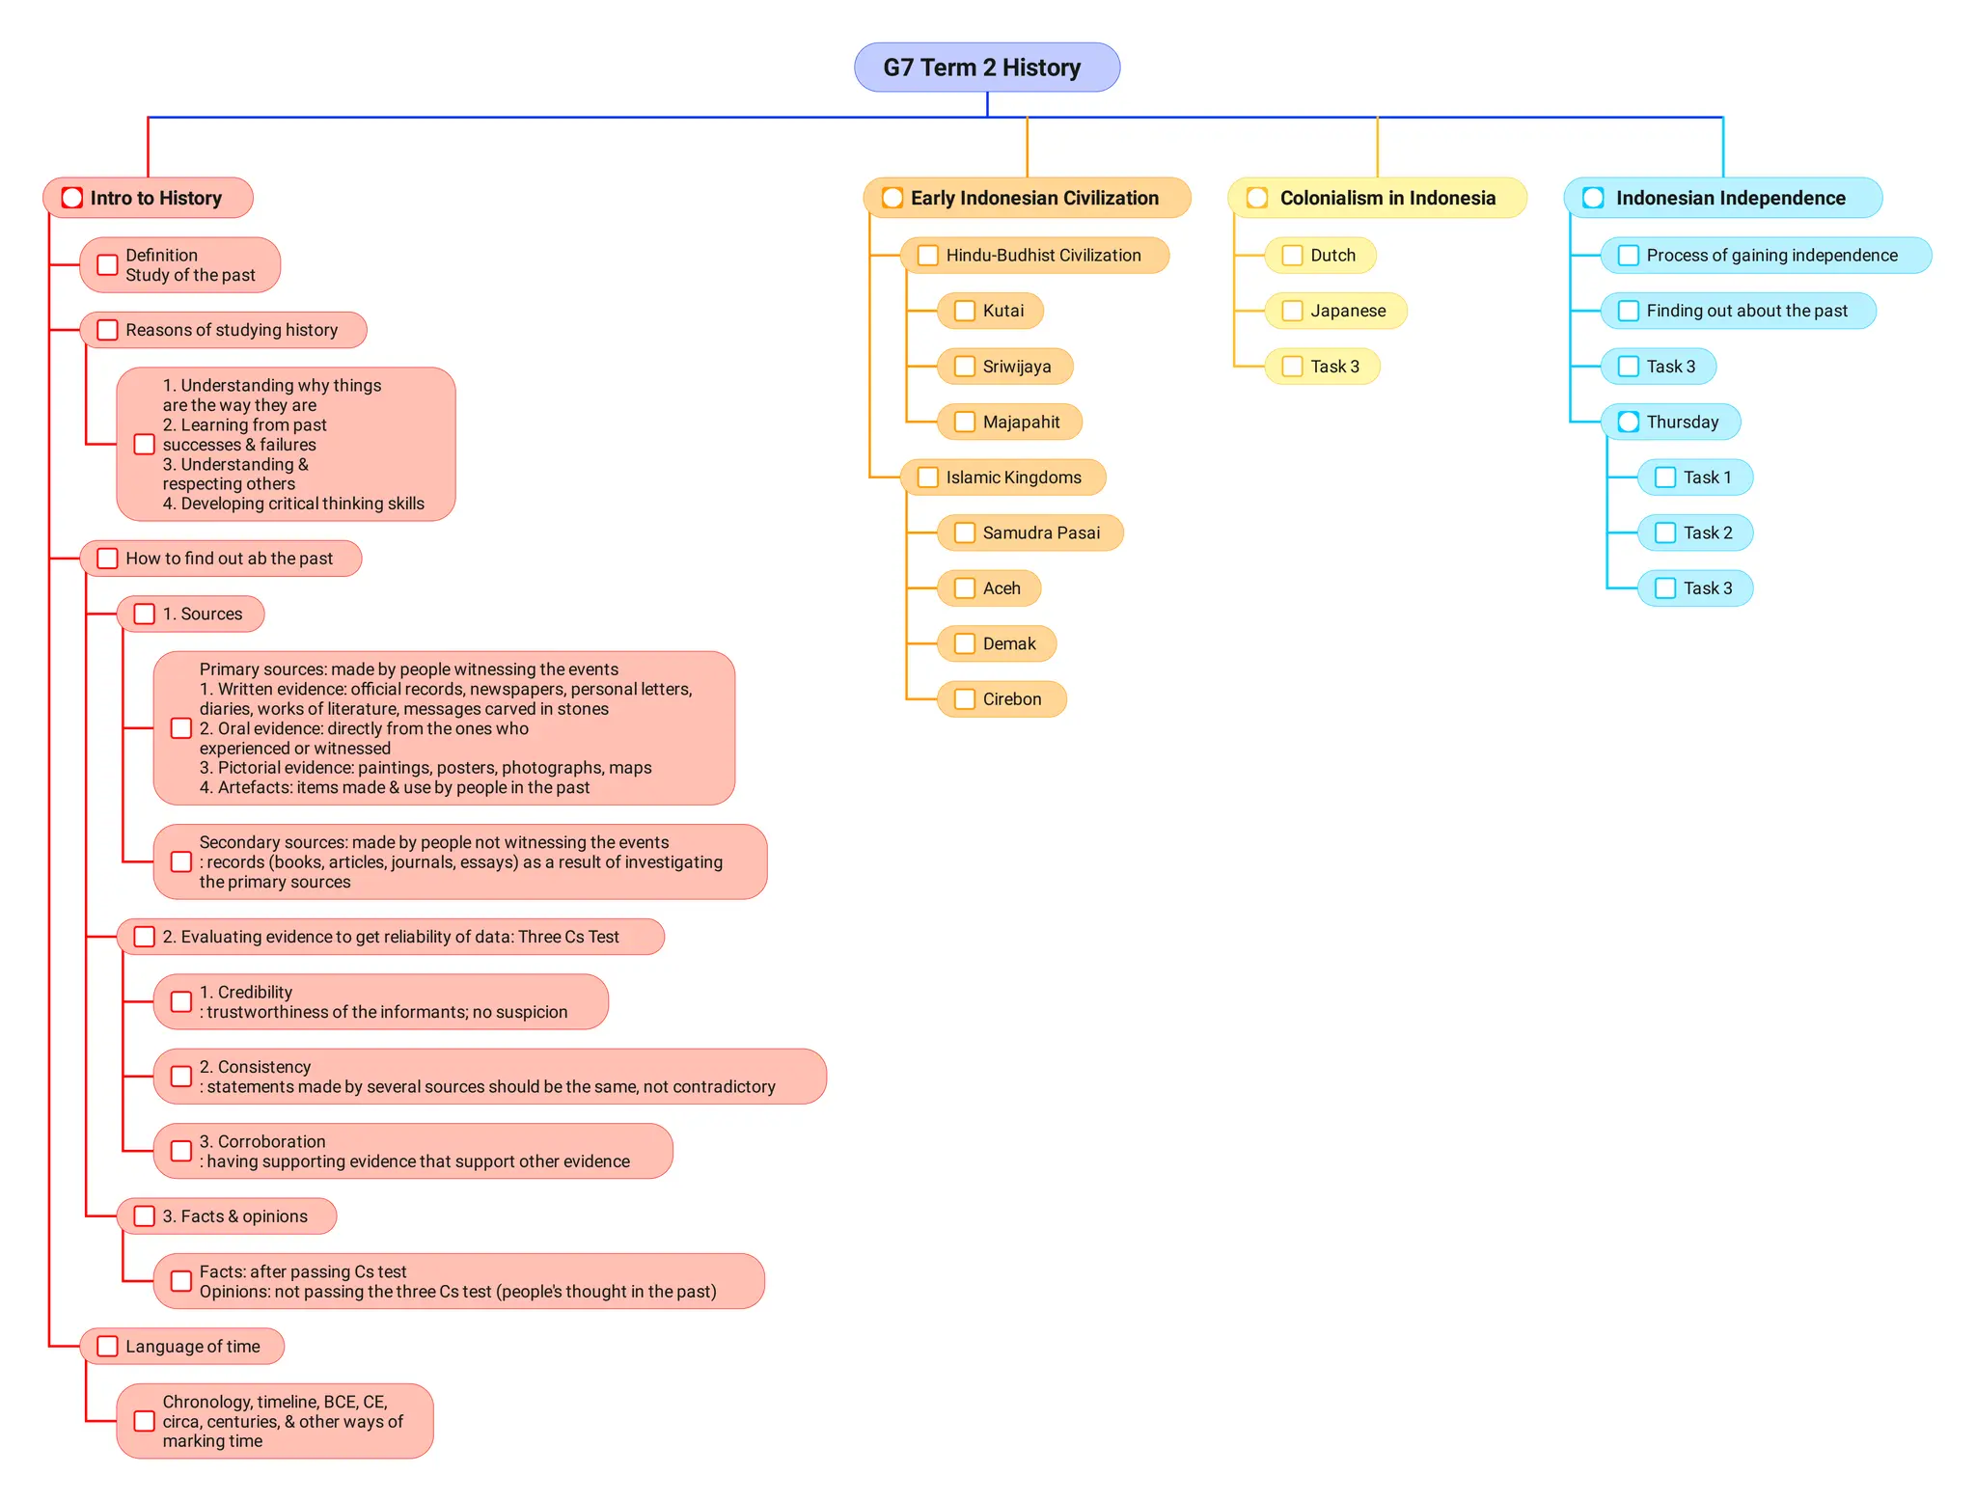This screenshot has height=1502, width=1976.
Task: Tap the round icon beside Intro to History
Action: pos(72,198)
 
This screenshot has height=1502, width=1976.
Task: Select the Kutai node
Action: pos(1002,311)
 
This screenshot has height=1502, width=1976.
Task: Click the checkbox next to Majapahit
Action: pos(964,422)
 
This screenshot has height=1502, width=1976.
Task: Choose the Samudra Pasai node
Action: pos(1040,533)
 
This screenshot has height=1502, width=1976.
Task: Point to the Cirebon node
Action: pos(1010,699)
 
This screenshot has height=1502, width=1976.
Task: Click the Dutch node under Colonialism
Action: pos(1331,256)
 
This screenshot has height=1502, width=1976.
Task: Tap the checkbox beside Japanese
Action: pos(1292,311)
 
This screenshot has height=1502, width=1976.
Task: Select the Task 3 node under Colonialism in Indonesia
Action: pos(1333,367)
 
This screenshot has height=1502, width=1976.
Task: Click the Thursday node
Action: pos(1681,422)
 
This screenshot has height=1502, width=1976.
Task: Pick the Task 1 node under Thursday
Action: pos(1706,478)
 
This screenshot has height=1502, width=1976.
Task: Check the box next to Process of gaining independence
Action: pos(1628,256)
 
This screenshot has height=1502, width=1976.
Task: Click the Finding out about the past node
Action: pos(1745,311)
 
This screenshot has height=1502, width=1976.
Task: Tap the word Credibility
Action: pos(255,992)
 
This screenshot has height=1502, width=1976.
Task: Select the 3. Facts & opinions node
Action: pos(234,1216)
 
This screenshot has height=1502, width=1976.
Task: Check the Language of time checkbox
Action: pos(107,1347)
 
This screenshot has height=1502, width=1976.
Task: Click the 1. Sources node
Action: pos(202,614)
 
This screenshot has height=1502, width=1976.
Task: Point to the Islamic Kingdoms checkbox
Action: pos(927,478)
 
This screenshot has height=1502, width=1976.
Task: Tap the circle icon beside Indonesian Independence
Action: pos(1593,198)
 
